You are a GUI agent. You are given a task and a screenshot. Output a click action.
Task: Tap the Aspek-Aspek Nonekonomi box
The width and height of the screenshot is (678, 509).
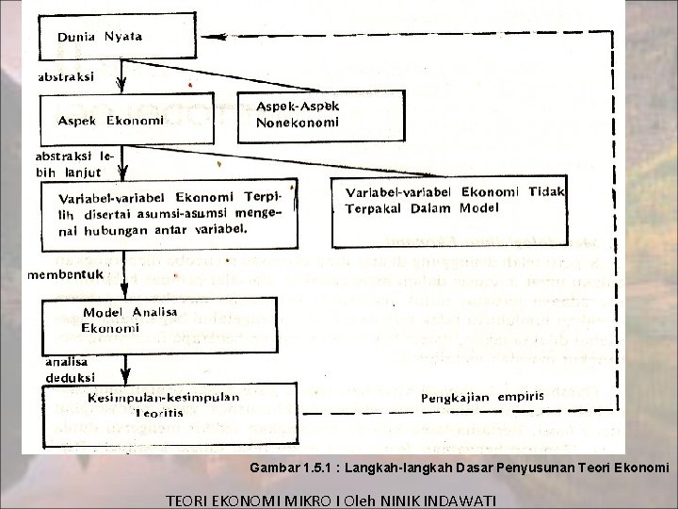point(298,114)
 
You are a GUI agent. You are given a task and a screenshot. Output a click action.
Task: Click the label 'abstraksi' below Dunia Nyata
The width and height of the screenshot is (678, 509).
point(65,78)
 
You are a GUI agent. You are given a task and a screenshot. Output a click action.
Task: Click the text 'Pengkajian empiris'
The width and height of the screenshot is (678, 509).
point(482,396)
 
